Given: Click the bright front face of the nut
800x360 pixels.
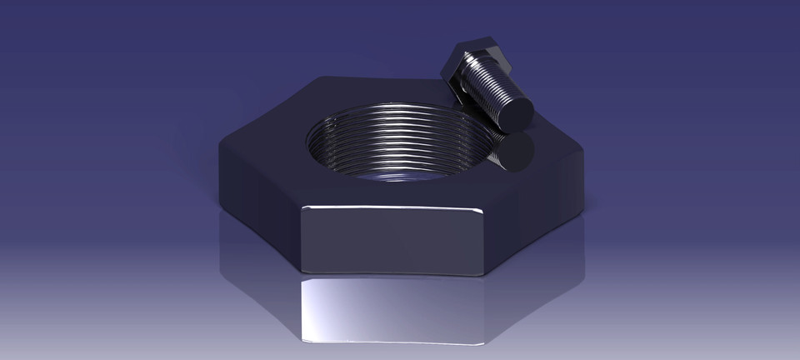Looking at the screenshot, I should pos(392,238).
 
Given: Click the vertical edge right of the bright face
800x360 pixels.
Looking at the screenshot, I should pos(486,242).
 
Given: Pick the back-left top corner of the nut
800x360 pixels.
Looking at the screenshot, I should pos(321,79).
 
